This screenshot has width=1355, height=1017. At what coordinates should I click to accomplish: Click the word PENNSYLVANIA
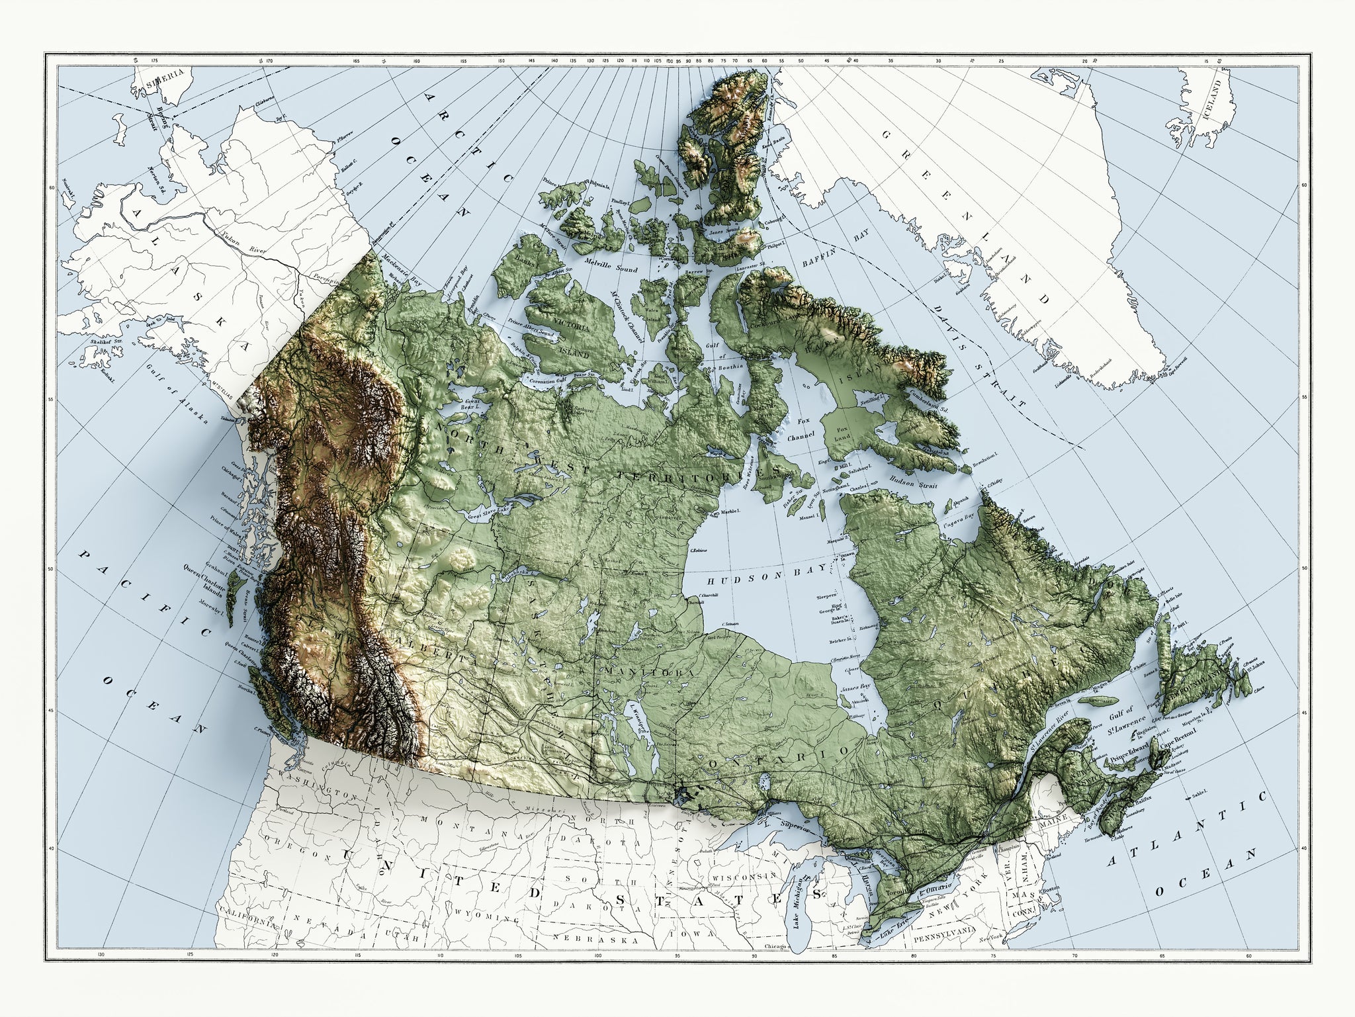[944, 939]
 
